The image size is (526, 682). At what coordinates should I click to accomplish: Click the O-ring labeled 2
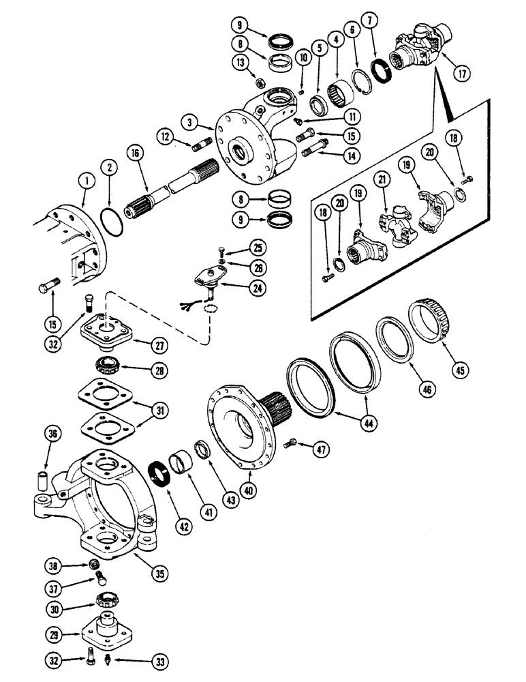pyautogui.click(x=108, y=223)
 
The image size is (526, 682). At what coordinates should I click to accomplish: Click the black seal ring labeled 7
pyautogui.click(x=380, y=73)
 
